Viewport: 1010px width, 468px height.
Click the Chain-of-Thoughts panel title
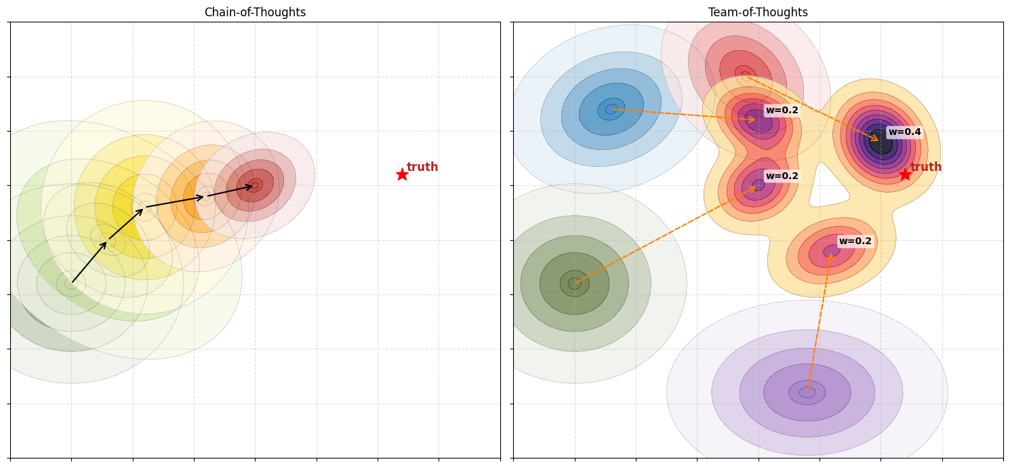255,12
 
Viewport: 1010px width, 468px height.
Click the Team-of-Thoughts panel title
758,12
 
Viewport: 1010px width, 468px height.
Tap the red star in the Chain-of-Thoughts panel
402,174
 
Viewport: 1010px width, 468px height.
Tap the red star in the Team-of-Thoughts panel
905,174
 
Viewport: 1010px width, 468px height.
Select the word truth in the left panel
422,167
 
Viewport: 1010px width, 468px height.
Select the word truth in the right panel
926,167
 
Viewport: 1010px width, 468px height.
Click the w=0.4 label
904,132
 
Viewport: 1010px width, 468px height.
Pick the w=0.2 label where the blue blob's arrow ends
782,111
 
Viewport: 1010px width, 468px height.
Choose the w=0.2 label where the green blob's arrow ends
782,176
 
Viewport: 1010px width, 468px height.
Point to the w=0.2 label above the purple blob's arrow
855,241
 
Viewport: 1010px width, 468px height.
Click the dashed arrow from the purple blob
819,322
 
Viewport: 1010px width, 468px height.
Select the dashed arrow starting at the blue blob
685,115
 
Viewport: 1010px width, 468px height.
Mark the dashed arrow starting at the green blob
664,235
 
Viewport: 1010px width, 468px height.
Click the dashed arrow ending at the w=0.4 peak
813,109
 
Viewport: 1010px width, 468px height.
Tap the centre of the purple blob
807,392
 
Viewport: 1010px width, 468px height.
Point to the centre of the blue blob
611,109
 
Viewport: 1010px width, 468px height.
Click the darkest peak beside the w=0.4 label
881,142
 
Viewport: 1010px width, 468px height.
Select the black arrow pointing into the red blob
229,191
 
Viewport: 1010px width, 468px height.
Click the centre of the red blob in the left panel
255,185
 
